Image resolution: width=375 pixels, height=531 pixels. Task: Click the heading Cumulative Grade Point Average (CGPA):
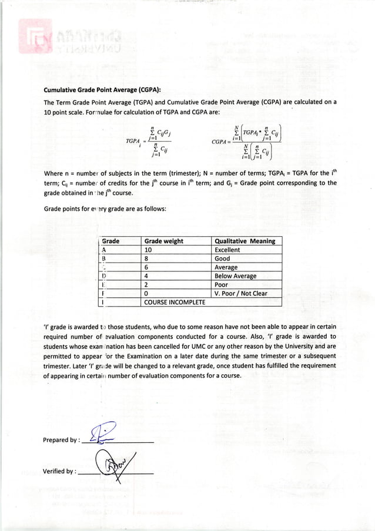point(102,90)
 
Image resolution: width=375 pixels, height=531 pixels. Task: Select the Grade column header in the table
point(111,241)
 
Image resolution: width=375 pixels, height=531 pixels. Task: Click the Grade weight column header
point(163,241)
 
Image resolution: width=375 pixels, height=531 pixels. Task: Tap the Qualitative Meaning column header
point(245,241)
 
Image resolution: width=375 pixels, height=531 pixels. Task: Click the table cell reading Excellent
point(227,250)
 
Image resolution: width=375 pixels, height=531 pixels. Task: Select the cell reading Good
point(222,258)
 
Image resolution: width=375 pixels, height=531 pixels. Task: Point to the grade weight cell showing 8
point(147,258)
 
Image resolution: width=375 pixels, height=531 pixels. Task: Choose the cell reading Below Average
point(235,276)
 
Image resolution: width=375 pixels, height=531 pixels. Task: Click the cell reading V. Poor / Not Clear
point(241,293)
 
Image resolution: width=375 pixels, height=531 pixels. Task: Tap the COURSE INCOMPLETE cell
point(175,302)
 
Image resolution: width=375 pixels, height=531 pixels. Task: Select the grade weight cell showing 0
point(147,293)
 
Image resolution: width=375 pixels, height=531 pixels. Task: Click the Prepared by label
point(60,440)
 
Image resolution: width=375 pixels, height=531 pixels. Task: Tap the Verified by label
point(59,471)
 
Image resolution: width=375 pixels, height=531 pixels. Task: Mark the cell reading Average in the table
point(226,267)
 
